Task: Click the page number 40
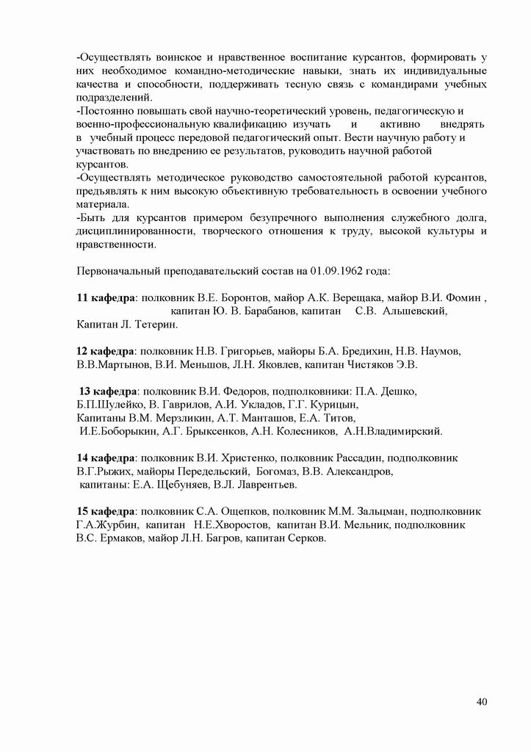[x=482, y=702]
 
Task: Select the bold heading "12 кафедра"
[x=106, y=350]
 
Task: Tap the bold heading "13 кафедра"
[x=108, y=390]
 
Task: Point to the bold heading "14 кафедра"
[x=106, y=458]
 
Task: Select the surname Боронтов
[x=252, y=297]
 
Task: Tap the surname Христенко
[x=245, y=458]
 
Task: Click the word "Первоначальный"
[x=121, y=270]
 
